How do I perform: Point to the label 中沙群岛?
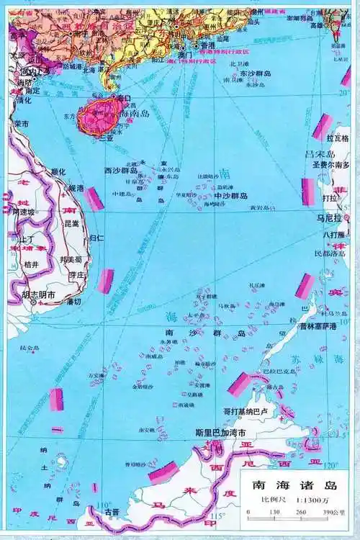click(230, 196)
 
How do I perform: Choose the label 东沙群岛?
click(256, 73)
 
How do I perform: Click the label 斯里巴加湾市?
click(220, 433)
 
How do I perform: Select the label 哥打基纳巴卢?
click(246, 412)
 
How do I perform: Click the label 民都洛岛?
click(330, 253)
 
